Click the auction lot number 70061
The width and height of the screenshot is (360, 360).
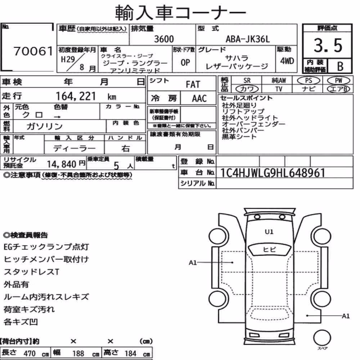33,51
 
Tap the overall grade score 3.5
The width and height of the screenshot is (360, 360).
328,45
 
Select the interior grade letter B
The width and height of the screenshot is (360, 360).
340,66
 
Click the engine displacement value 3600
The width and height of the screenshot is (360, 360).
164,39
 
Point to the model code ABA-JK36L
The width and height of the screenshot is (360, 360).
248,39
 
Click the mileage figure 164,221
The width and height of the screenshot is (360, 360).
76,96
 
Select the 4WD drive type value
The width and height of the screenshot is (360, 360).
287,61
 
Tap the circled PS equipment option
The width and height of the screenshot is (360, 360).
309,81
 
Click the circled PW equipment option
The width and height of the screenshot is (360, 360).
338,81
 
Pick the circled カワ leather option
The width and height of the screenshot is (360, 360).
247,89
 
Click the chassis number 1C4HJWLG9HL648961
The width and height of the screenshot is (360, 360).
273,173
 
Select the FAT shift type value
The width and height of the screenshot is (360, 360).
193,84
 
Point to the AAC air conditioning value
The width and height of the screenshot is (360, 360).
199,99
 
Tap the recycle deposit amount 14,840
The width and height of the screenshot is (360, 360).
62,164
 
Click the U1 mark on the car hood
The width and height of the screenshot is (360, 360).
269,232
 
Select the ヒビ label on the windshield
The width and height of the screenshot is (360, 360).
269,249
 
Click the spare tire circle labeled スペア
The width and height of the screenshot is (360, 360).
322,338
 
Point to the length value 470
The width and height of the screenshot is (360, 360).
30,354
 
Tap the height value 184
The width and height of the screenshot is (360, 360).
130,354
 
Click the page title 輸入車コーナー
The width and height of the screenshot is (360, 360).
180,12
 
